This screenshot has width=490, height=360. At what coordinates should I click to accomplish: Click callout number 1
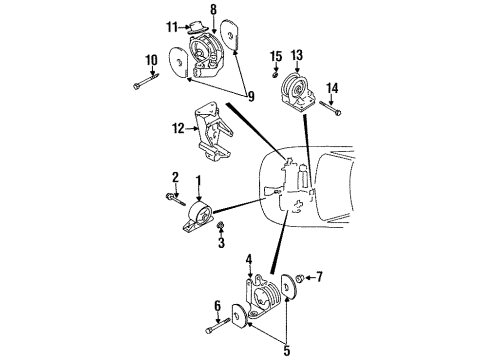pos(198,181)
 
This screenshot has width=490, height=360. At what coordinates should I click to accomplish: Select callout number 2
pos(174,178)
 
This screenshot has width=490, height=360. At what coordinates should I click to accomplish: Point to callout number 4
pos(249,261)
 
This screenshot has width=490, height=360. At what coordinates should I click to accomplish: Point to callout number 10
pos(151,62)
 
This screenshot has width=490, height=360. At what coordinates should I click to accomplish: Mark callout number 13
pos(295,55)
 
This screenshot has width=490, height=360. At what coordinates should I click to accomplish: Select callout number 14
pos(333,87)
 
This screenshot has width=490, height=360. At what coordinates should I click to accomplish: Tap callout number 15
pos(275,56)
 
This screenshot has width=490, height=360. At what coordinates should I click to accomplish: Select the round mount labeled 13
pos(296,90)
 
